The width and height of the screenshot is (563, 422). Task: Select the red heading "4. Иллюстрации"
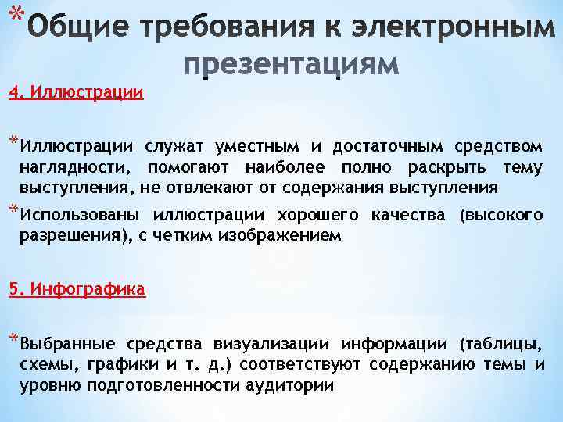(76, 93)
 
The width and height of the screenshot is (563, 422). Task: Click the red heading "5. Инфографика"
(77, 289)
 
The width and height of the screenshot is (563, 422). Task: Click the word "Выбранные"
(68, 343)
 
